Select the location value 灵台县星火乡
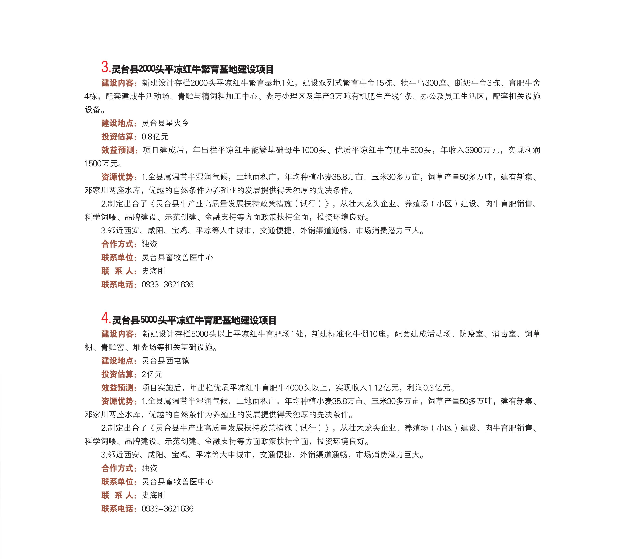[165, 123]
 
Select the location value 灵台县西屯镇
[165, 361]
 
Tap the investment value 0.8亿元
[155, 137]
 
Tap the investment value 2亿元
[152, 374]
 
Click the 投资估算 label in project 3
[117, 137]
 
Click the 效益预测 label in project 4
[117, 388]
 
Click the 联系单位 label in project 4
[117, 482]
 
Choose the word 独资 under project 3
[149, 244]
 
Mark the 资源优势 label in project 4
[117, 401]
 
